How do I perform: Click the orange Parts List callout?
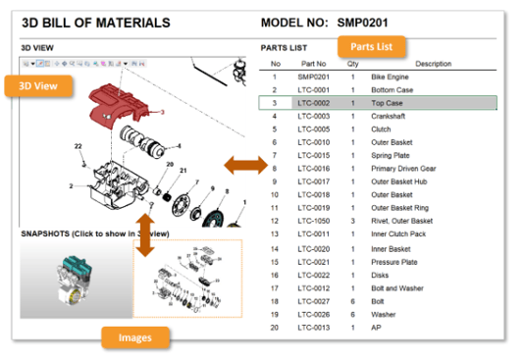tap(372, 46)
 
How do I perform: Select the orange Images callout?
tap(135, 337)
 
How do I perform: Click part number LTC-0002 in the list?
tap(313, 102)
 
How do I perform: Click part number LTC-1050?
tap(313, 221)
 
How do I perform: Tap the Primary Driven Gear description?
tap(404, 168)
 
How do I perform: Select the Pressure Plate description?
tap(395, 261)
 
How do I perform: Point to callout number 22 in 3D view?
tap(79, 146)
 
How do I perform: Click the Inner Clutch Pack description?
tap(399, 233)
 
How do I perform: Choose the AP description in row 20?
tap(377, 327)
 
